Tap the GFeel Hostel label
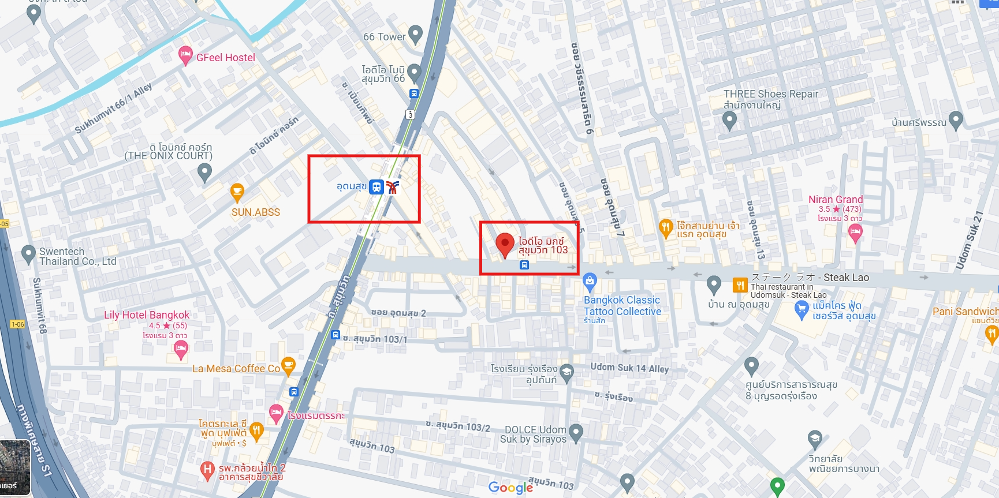click(225, 58)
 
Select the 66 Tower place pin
click(415, 35)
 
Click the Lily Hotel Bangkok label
click(147, 315)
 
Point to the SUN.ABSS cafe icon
click(237, 192)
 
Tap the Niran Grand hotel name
click(836, 200)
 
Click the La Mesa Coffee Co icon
click(288, 365)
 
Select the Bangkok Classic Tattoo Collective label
click(622, 306)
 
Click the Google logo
click(510, 488)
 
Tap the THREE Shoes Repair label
click(771, 94)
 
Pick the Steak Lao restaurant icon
click(740, 284)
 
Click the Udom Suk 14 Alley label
click(629, 368)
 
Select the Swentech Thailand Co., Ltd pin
click(28, 254)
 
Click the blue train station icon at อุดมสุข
click(377, 187)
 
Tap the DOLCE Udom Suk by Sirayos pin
click(575, 432)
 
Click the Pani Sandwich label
click(965, 312)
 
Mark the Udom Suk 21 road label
click(969, 240)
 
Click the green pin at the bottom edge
click(777, 485)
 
